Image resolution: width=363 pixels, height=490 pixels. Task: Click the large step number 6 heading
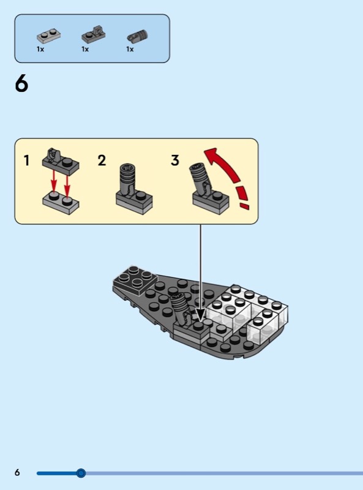click(21, 84)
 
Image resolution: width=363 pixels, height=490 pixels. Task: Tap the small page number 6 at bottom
click(17, 472)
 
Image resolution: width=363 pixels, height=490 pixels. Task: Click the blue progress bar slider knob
click(81, 473)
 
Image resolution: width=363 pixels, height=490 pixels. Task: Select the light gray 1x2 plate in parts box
click(48, 36)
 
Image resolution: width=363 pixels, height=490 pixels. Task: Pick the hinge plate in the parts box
click(94, 34)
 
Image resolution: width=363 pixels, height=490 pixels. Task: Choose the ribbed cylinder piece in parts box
click(138, 36)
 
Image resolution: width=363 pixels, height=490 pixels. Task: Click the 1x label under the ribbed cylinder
click(130, 50)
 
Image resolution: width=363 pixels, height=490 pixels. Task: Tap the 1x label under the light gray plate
click(40, 50)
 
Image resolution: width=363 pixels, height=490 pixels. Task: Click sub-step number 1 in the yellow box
click(27, 160)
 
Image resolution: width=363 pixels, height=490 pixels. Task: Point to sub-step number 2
click(102, 160)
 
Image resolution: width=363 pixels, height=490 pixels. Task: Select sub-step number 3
click(175, 160)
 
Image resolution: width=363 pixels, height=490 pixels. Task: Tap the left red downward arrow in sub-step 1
click(54, 181)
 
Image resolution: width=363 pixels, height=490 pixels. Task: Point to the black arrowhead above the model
click(200, 314)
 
